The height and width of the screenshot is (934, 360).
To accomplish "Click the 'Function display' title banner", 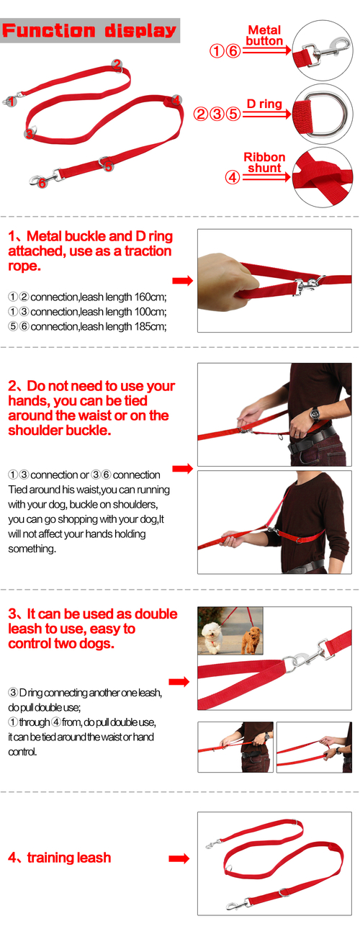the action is (x=89, y=30).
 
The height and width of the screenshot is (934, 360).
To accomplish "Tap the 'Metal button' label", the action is (x=264, y=35).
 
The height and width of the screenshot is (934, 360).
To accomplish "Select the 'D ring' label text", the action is (x=264, y=104).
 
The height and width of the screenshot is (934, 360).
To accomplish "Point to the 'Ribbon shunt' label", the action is (x=264, y=163).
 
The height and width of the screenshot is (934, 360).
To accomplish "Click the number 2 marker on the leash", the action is (x=117, y=64).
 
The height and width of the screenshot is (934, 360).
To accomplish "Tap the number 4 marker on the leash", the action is (x=176, y=99).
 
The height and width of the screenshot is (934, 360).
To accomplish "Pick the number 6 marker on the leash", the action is (x=42, y=183).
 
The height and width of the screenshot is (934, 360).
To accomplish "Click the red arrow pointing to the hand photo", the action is (x=182, y=281).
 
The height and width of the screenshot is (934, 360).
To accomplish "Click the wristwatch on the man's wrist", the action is (x=315, y=415).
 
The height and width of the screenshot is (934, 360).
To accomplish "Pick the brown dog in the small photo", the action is (x=251, y=641).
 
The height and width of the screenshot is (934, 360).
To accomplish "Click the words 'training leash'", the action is (x=69, y=858).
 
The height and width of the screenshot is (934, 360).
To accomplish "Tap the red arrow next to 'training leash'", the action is (x=179, y=858).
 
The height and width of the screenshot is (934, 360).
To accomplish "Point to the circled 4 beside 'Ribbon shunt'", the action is (x=233, y=177).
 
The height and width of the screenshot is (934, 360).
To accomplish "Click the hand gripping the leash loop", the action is (x=225, y=273).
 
